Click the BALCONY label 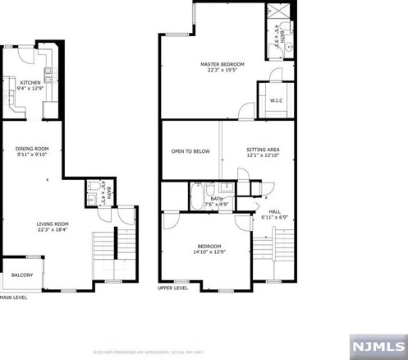[x=21, y=275]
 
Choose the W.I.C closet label [x=276, y=101]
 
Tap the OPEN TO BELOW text [x=190, y=151]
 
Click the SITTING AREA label [x=263, y=150]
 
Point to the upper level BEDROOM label [x=209, y=247]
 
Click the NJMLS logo [x=378, y=346]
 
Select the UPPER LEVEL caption [x=173, y=288]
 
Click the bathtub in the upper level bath [x=198, y=198]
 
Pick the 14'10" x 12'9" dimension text [x=209, y=252]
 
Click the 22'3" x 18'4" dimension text [x=52, y=230]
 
